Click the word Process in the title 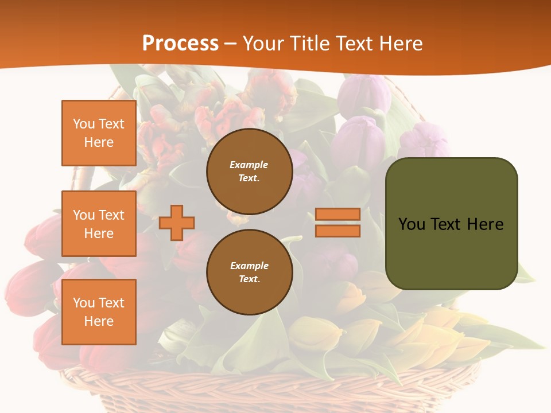tap(180, 44)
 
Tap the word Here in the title tap(398, 44)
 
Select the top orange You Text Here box tap(99, 133)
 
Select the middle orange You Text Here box tap(99, 224)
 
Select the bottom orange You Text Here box tap(99, 311)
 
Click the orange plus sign tap(177, 223)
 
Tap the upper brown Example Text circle tap(249, 172)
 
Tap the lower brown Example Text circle tap(249, 272)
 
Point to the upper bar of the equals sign tap(337, 215)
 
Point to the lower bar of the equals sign tap(337, 231)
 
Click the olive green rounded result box tap(451, 252)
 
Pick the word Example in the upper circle tap(249, 165)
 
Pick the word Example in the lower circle tap(249, 266)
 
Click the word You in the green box tap(412, 224)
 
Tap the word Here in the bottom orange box tap(99, 321)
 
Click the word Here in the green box tap(486, 224)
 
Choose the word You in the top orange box tap(84, 124)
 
